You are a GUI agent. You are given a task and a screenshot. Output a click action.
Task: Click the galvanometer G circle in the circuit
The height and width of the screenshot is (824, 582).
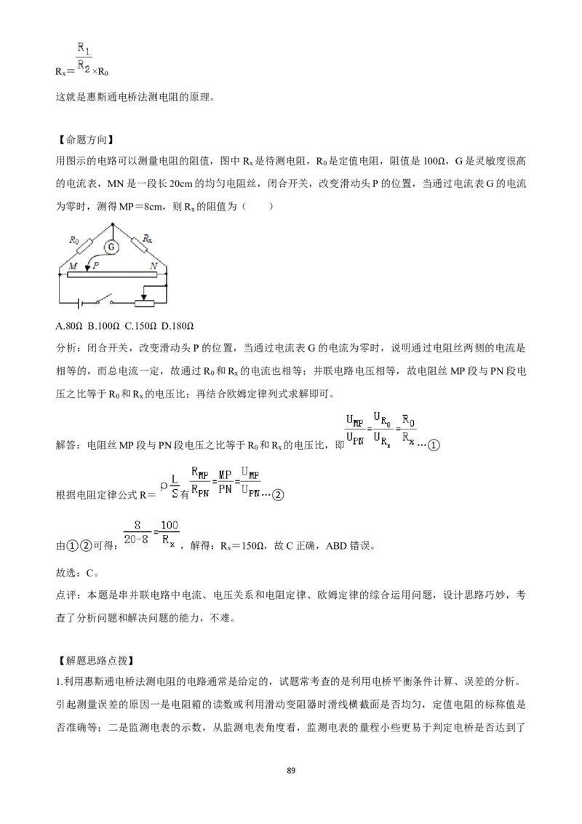coord(111,247)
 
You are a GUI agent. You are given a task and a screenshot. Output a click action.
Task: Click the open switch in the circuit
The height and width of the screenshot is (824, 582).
coord(105,301)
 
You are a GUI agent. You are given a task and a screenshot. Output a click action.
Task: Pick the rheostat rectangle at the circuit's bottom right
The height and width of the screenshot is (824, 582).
coord(145,303)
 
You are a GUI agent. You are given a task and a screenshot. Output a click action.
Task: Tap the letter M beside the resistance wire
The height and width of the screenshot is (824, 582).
coord(73,266)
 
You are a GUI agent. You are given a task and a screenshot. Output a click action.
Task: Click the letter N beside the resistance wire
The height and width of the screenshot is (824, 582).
coord(154,266)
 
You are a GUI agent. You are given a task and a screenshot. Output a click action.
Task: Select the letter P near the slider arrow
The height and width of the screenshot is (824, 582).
coord(96,266)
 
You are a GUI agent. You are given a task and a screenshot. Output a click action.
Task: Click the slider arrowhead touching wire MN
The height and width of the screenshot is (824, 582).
coord(87,269)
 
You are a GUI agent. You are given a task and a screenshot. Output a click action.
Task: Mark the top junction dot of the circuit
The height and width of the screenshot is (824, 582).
coord(113,223)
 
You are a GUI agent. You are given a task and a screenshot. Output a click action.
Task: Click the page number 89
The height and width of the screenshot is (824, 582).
coord(292,770)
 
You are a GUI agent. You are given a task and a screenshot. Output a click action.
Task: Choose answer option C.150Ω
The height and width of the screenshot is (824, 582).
coord(141,326)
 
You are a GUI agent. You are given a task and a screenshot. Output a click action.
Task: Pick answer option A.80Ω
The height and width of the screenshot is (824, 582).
coord(69,326)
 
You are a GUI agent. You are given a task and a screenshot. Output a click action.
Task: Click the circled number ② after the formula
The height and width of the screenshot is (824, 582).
coord(279,495)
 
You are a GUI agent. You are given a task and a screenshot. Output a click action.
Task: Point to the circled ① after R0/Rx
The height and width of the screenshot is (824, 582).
coord(434,445)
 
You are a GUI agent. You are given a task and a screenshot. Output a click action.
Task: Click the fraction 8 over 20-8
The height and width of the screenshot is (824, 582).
coord(137,532)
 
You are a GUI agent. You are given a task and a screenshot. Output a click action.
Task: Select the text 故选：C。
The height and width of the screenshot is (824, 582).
coord(76,572)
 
